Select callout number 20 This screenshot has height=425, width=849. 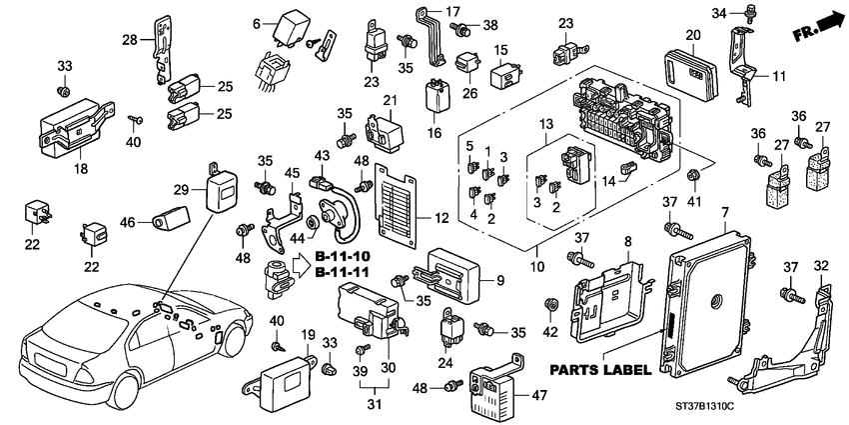click(693, 35)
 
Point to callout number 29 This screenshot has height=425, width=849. click(181, 190)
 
